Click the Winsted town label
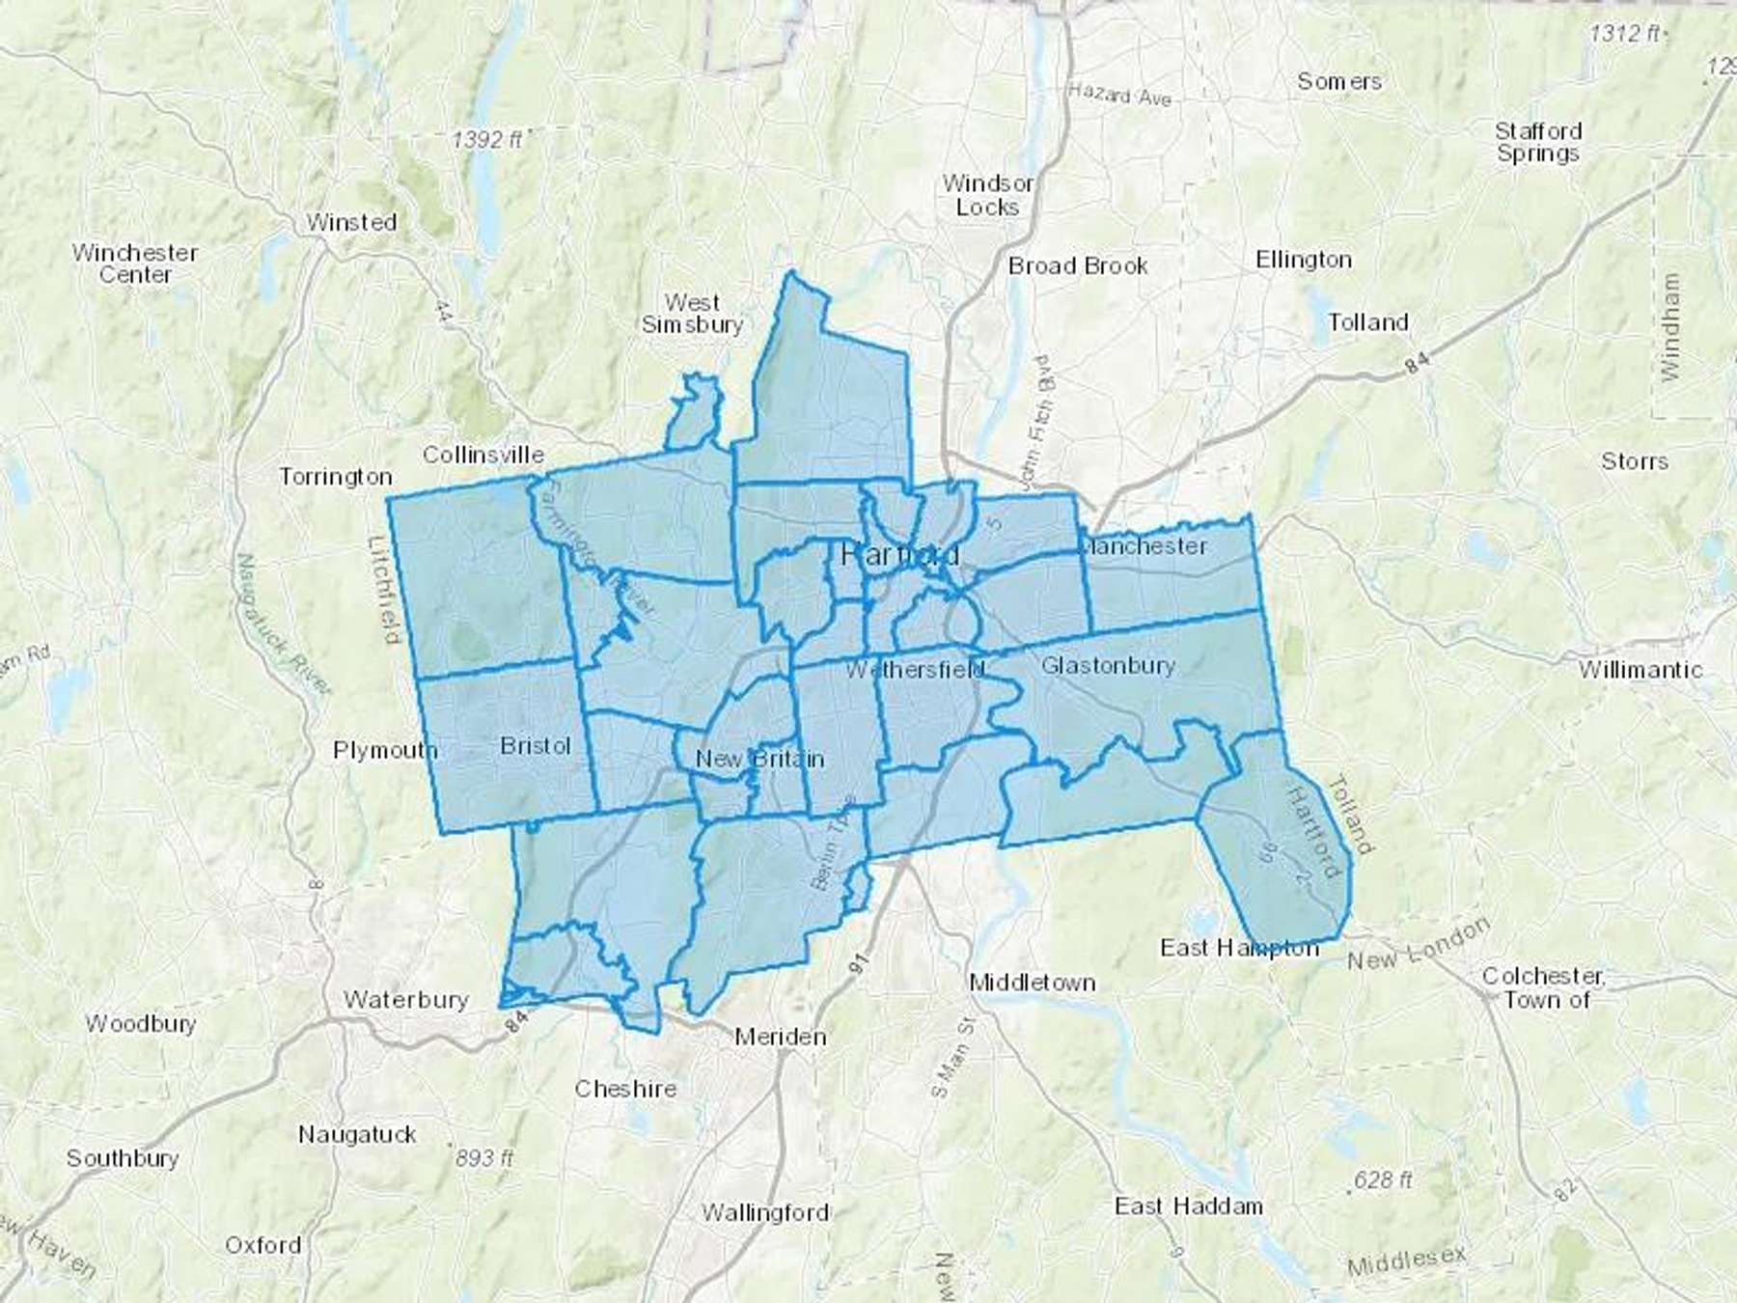coord(351,222)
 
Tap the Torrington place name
coord(336,476)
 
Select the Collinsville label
coord(482,454)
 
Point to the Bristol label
coord(536,745)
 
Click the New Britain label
coord(759,759)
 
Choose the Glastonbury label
coord(1107,665)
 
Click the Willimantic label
coord(1640,669)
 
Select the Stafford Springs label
coord(1538,142)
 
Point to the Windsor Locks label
coord(987,195)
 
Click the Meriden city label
coord(780,1037)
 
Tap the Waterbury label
coord(405,999)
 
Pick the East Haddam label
coord(1188,1206)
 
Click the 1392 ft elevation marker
coord(487,140)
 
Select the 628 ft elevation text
coord(1382,1179)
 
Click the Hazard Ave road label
coord(1119,95)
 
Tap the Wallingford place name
coord(764,1211)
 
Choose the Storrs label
coord(1634,461)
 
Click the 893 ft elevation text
coord(484,1156)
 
